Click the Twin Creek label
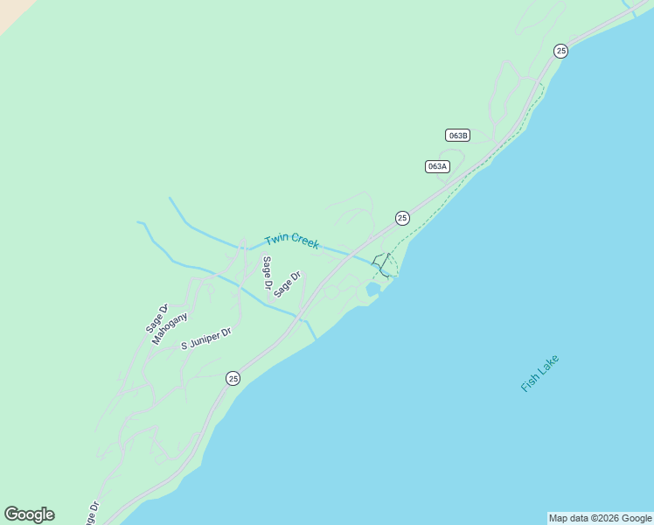pyautogui.click(x=292, y=241)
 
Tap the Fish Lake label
pyautogui.click(x=539, y=373)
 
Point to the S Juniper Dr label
pyautogui.click(x=206, y=339)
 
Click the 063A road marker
pyautogui.click(x=437, y=166)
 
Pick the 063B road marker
pyautogui.click(x=457, y=135)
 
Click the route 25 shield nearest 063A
pyautogui.click(x=402, y=218)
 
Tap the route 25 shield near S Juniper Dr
pyautogui.click(x=233, y=378)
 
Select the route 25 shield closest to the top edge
pyautogui.click(x=560, y=51)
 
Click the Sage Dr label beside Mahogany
pyautogui.click(x=157, y=318)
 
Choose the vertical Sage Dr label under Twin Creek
pyautogui.click(x=267, y=273)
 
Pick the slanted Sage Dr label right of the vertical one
pyautogui.click(x=287, y=284)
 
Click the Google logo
pyautogui.click(x=29, y=514)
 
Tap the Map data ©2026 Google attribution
pyautogui.click(x=601, y=518)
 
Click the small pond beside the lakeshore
pyautogui.click(x=373, y=289)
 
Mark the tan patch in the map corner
pyautogui.click(x=10, y=10)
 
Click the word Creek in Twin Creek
pyautogui.click(x=304, y=244)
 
